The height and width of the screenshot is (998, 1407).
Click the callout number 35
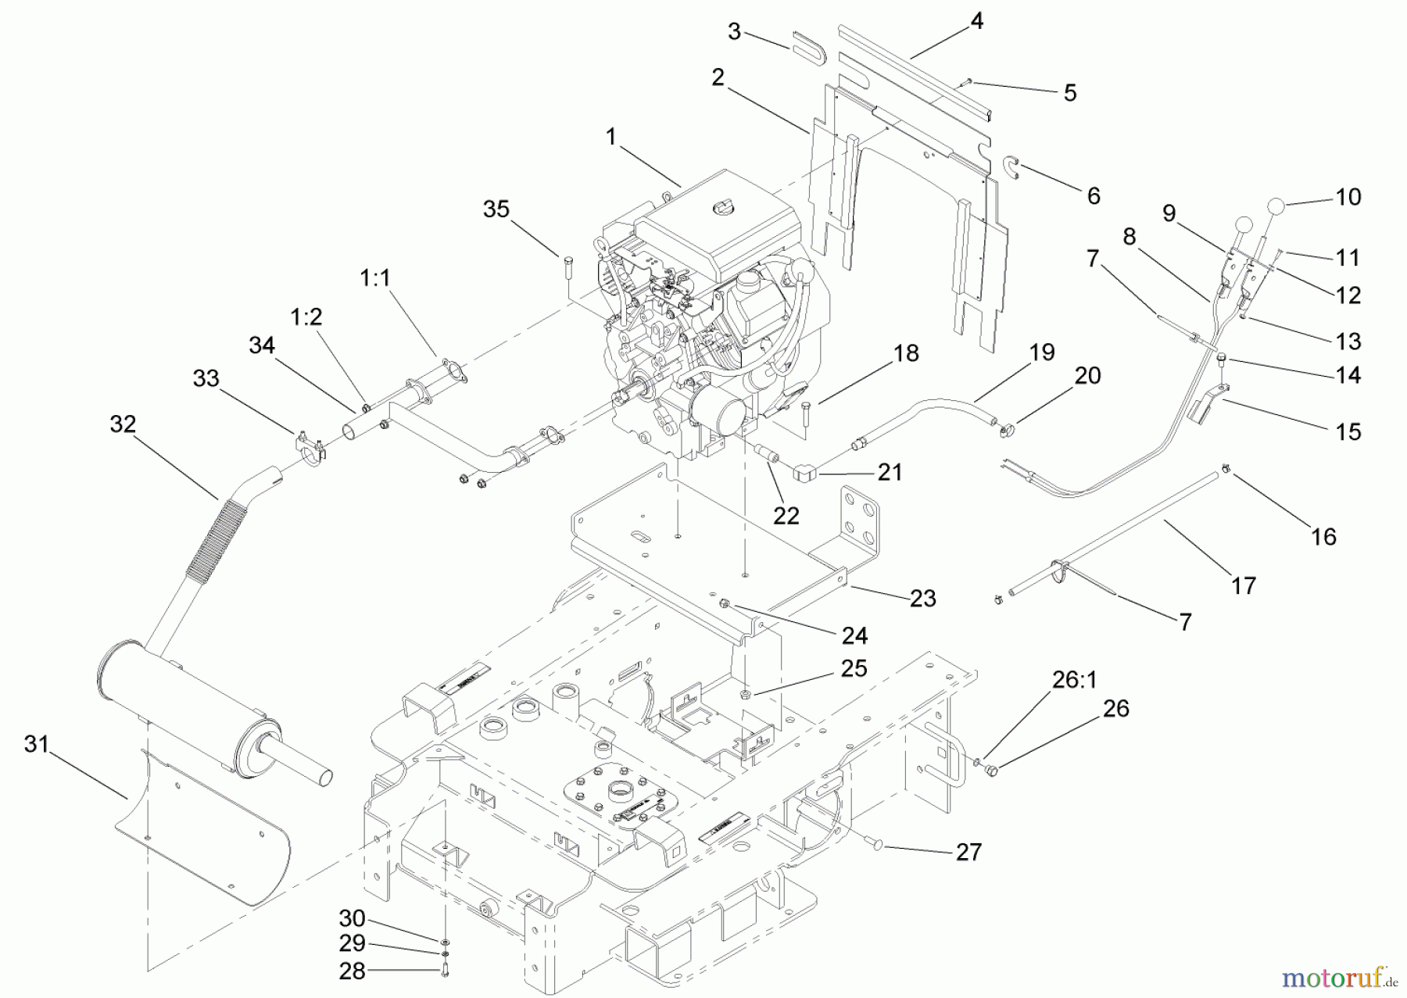(x=496, y=209)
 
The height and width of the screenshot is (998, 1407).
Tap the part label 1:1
(x=375, y=277)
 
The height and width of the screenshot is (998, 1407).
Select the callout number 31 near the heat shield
(x=36, y=745)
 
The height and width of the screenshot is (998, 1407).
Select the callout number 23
(x=923, y=599)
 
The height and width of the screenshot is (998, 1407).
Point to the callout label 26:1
(x=1074, y=680)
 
